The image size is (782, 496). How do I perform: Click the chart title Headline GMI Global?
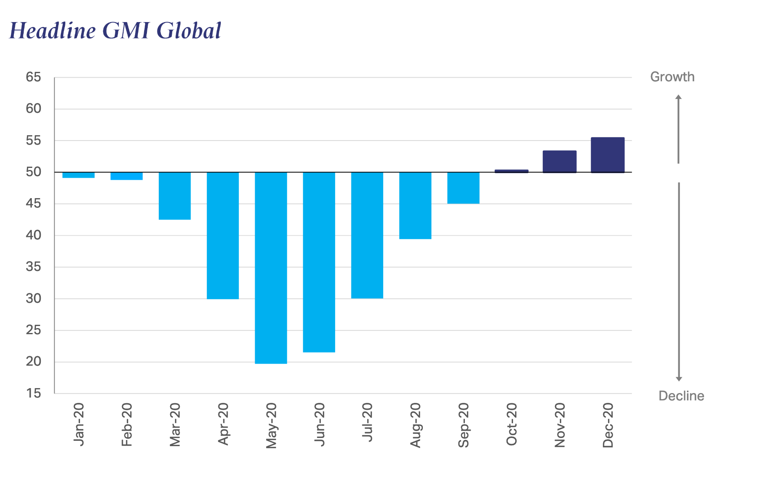(115, 31)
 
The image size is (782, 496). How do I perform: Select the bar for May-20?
(271, 268)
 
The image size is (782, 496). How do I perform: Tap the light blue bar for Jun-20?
(319, 262)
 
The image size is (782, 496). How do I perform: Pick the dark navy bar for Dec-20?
(607, 155)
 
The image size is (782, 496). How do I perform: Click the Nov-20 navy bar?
(559, 162)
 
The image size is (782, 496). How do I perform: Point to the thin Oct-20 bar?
(511, 171)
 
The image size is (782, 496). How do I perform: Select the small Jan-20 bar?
(78, 175)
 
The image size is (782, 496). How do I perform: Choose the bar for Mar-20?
(174, 196)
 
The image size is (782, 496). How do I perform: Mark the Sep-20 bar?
(463, 188)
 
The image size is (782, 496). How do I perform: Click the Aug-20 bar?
(415, 206)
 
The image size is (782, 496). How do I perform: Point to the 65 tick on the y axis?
(33, 77)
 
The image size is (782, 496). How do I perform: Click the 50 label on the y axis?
(33, 172)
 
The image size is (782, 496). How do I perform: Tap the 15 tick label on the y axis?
(33, 393)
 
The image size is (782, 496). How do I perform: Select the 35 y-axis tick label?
(33, 267)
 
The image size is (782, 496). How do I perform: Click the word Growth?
(672, 77)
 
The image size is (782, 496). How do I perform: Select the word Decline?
(681, 396)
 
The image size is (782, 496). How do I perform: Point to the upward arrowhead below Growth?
(678, 97)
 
